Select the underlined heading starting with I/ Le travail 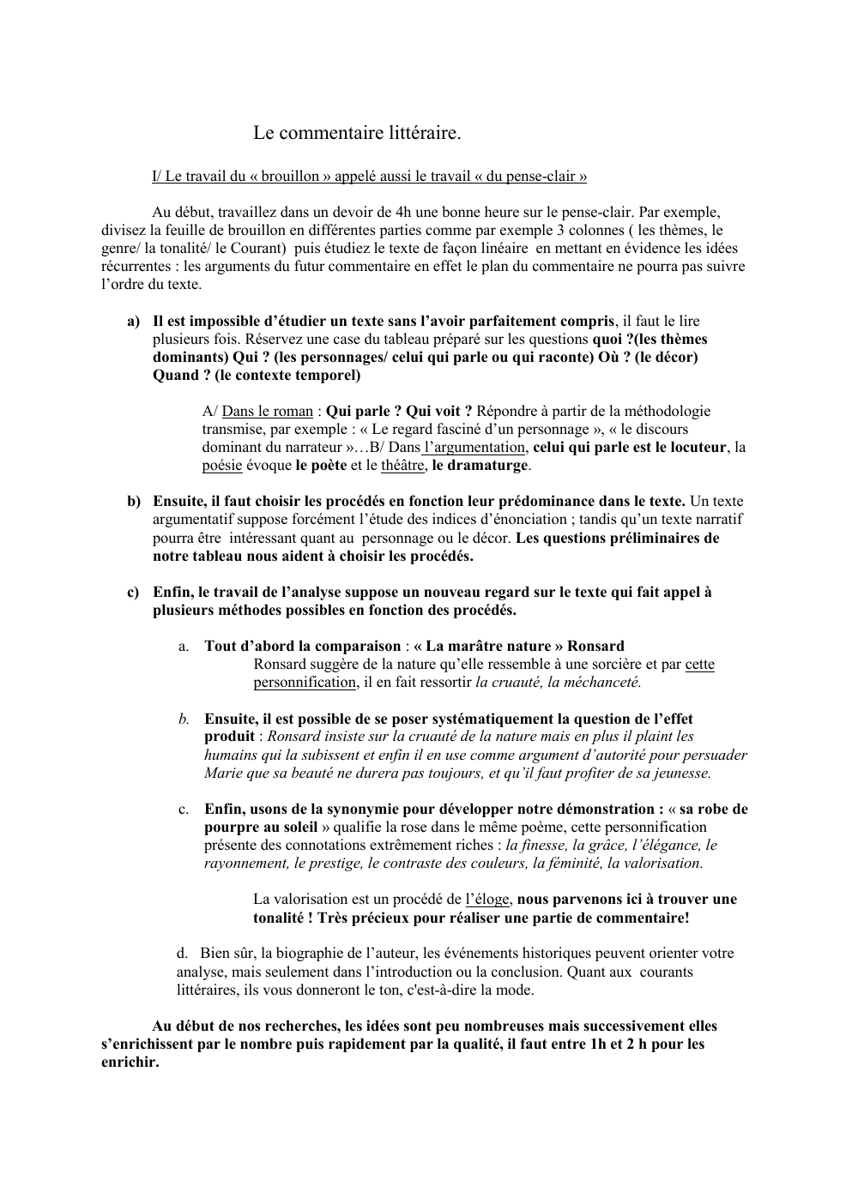(369, 177)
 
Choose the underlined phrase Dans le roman (267, 412)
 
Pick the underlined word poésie (222, 466)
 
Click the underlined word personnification (305, 683)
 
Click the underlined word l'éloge (487, 900)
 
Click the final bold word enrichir (130, 1062)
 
